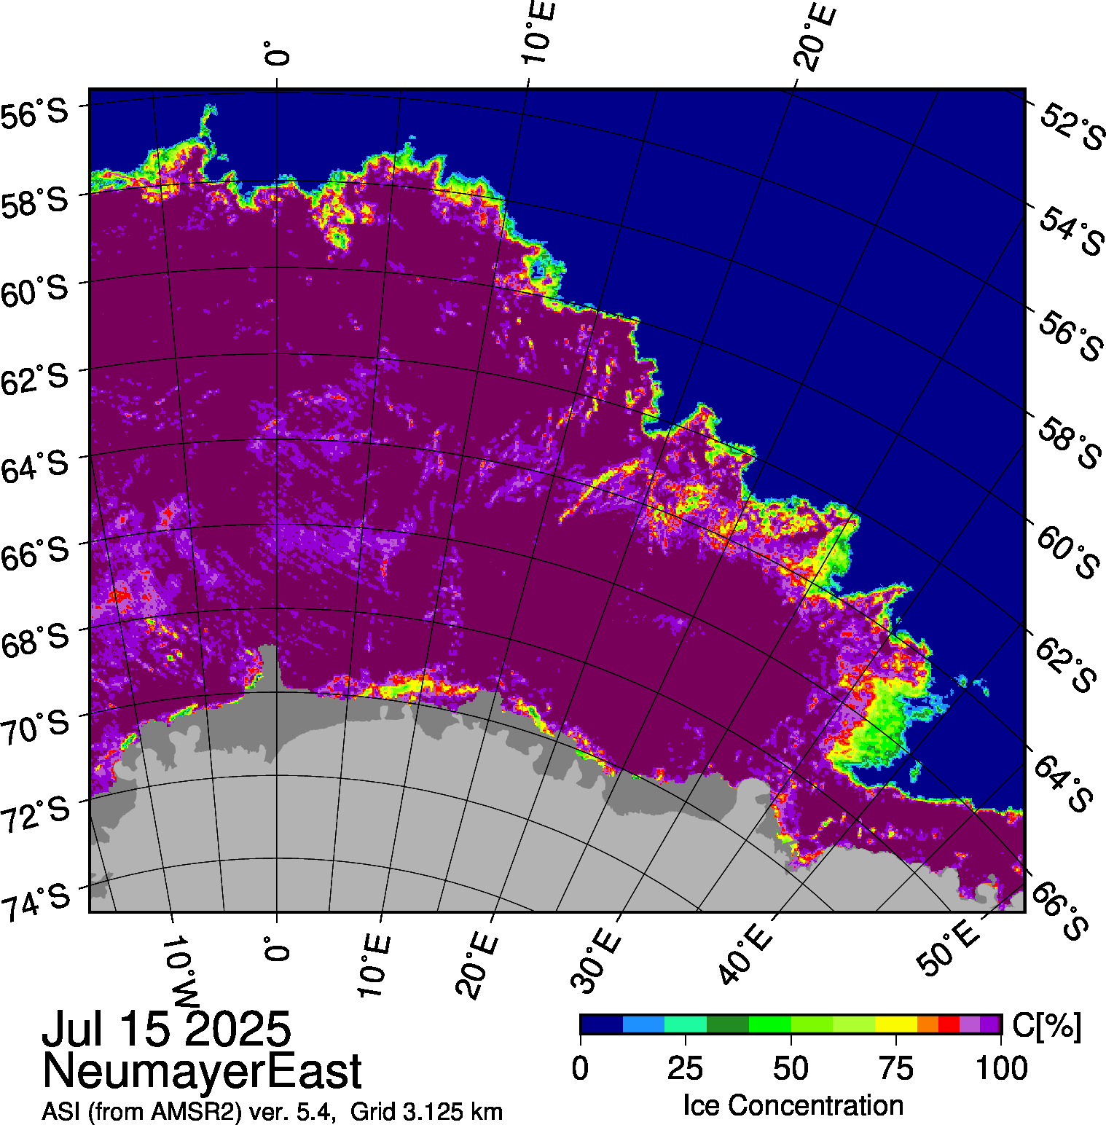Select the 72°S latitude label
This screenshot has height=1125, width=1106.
(x=36, y=815)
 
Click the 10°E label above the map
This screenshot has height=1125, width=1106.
(x=538, y=33)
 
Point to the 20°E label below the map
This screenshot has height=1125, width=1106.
(x=477, y=965)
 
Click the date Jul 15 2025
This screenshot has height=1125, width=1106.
(x=167, y=1030)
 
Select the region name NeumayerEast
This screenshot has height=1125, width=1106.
(x=202, y=1071)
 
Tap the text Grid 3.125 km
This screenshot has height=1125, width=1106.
(x=426, y=1112)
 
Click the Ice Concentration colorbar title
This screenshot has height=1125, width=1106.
(x=793, y=1105)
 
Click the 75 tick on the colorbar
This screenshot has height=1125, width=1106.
(x=896, y=1069)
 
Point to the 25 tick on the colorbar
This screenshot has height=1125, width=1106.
(x=686, y=1069)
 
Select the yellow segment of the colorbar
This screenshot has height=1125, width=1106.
(x=896, y=1024)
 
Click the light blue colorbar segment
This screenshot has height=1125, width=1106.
(x=643, y=1024)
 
